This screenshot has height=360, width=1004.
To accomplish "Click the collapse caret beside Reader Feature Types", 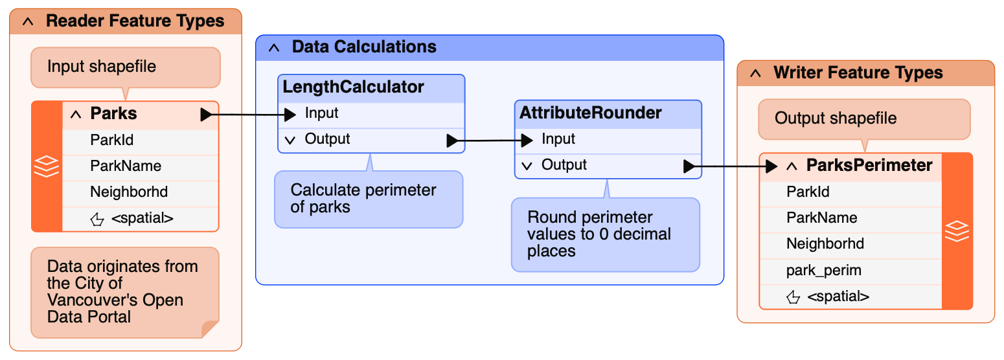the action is coord(28,21).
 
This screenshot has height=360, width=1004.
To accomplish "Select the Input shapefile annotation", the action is coord(126,67).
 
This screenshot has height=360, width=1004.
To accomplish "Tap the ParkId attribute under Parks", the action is coord(111,140).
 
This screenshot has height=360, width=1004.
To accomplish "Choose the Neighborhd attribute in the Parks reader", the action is coord(129,192).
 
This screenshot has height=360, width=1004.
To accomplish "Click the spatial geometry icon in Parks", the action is coord(97,219).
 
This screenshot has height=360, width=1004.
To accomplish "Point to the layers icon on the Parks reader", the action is coord(47,166).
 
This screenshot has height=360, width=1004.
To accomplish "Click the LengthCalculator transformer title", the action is coord(353,87).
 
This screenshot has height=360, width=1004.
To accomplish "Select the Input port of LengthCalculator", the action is coord(321,113).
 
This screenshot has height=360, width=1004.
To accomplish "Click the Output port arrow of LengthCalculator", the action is coord(453,141).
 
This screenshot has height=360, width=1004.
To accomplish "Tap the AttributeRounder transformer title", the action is coord(590,113).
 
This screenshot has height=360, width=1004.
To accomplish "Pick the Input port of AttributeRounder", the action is coord(558,139).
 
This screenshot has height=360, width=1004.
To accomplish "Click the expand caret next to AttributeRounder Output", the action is coord(527,166).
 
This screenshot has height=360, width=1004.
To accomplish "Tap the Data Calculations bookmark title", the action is coord(364,47).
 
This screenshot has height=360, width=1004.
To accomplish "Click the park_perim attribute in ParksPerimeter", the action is coord(824,271).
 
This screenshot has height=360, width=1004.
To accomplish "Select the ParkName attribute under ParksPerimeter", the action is coord(821,218).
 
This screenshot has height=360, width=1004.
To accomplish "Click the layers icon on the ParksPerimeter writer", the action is coord(957,231).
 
